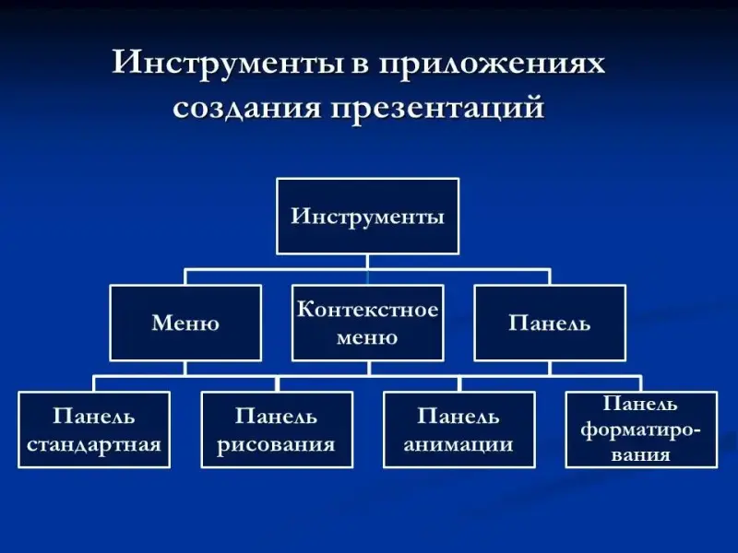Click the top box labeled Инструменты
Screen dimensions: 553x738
[x=367, y=217]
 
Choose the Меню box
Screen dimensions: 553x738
[x=185, y=323]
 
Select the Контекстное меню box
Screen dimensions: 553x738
[x=367, y=323]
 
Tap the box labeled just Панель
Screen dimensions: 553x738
[x=549, y=323]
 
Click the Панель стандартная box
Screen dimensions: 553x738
[x=94, y=429]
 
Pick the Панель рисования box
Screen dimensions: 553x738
[x=277, y=429]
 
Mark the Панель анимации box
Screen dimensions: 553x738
[x=458, y=429]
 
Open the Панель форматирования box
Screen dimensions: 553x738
[x=640, y=429]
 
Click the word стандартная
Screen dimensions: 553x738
[x=94, y=444]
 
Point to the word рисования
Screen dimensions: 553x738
[x=277, y=444]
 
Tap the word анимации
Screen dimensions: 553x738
[x=458, y=444]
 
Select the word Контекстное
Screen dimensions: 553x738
[x=367, y=310]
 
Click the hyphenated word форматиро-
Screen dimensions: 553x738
[x=640, y=429]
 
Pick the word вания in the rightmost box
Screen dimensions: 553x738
[x=640, y=454]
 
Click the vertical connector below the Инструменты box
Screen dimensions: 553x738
[x=367, y=262]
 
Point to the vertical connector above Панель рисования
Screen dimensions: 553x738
[x=277, y=383]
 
